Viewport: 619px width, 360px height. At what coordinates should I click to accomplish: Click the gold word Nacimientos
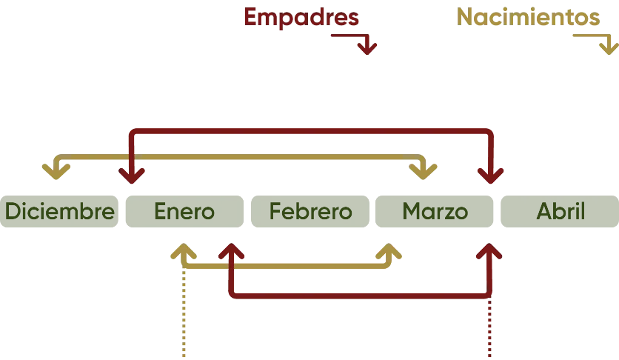[x=527, y=19]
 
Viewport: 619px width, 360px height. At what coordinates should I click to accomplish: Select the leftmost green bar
[x=59, y=213]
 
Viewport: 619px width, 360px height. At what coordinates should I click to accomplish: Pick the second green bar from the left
[x=184, y=213]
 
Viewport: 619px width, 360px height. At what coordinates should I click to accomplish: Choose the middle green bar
[x=309, y=213]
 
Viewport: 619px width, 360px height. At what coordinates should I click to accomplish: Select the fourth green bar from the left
[x=435, y=213]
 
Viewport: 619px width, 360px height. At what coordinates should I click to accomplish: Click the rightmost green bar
[x=559, y=213]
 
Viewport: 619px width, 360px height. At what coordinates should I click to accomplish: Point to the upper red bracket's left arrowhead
[x=132, y=176]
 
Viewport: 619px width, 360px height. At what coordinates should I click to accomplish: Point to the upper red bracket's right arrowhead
[x=490, y=176]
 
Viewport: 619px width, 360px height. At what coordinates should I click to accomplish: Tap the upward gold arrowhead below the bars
[x=182, y=252]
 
